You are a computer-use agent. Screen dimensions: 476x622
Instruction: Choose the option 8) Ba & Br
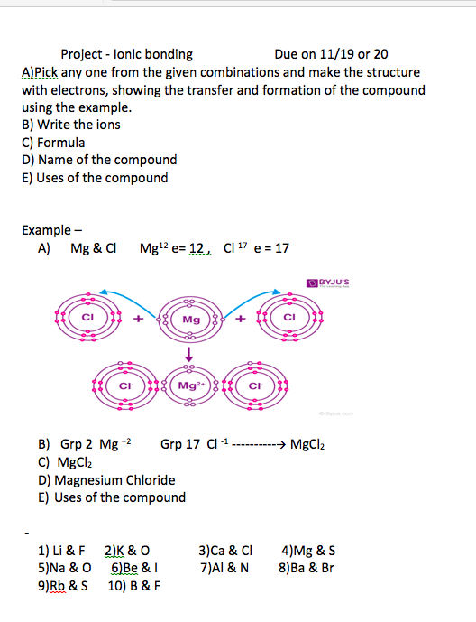click(x=307, y=568)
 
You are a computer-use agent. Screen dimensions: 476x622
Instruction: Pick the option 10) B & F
click(x=134, y=586)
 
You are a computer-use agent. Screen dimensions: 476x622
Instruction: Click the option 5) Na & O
click(x=65, y=568)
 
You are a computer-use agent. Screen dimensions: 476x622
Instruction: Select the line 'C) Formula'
click(x=53, y=143)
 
